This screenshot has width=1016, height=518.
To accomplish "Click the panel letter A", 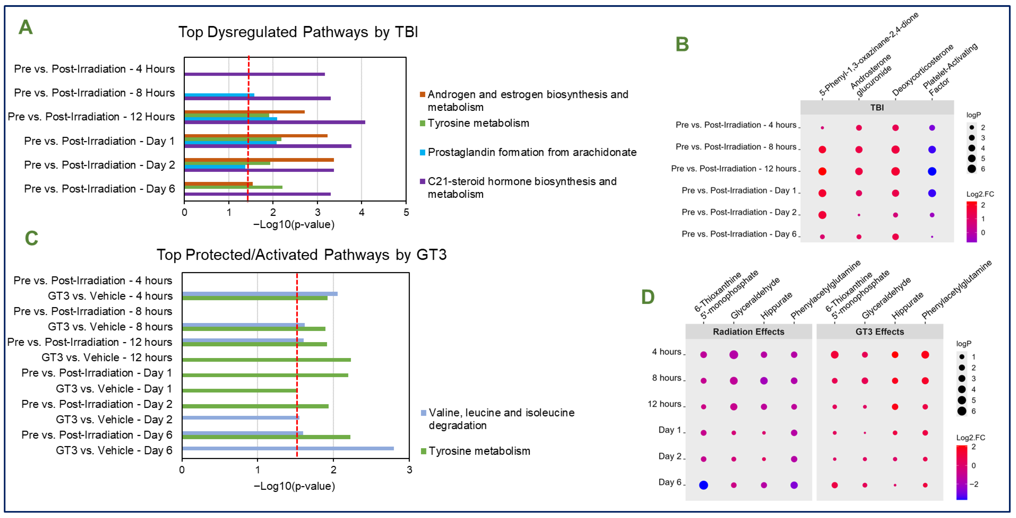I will point(26,28).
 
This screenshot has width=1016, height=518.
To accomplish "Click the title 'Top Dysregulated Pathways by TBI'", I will point(298,32).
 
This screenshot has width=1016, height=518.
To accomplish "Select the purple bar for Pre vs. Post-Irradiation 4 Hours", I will point(254,74).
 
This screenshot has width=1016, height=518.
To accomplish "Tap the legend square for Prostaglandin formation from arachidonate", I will point(422,152).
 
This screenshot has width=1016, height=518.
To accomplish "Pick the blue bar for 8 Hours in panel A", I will point(219,95).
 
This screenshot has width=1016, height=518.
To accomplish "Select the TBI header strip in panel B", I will point(877,108).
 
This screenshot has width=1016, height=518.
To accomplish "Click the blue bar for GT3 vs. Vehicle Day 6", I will point(288,449).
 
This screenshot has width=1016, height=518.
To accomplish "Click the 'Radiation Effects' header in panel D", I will point(748,332).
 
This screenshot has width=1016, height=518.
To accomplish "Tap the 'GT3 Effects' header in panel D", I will point(880,332).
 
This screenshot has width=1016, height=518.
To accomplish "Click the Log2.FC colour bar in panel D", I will point(961,472).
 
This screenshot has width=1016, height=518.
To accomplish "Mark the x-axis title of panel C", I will point(294,486).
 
